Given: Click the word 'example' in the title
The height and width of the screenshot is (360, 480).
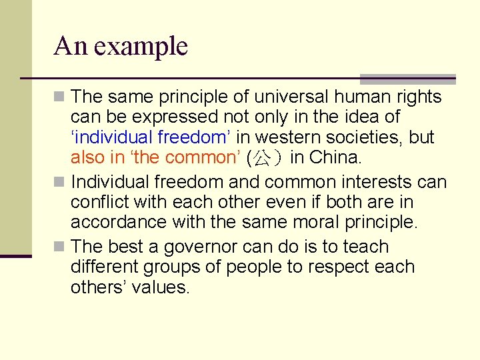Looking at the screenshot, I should click(x=141, y=47).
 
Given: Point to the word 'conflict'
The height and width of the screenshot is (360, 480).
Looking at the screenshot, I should click(x=99, y=202).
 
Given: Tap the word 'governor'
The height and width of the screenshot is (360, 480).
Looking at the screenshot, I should click(x=197, y=247).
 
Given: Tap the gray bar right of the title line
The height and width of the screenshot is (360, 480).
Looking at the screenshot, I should click(x=407, y=79).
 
